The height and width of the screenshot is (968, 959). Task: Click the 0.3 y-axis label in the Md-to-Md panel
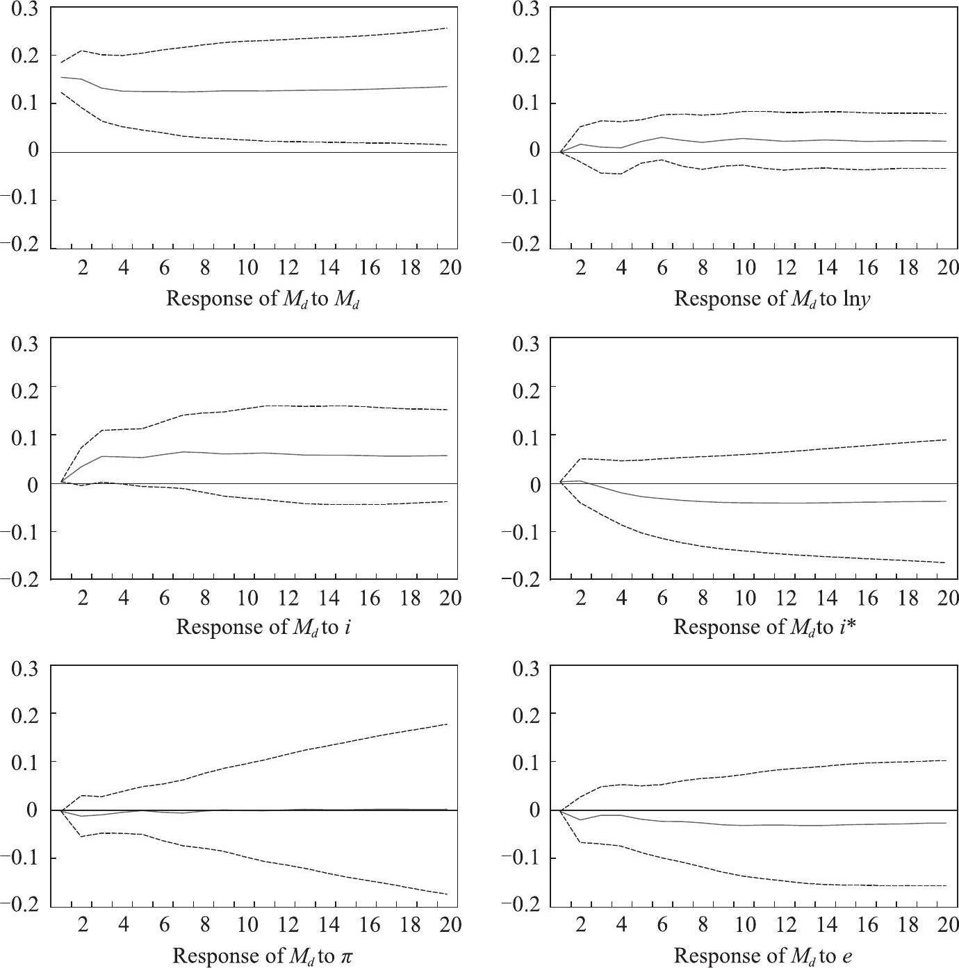(25, 9)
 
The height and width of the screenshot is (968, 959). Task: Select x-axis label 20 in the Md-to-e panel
(947, 926)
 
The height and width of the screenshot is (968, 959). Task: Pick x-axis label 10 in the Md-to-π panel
(247, 926)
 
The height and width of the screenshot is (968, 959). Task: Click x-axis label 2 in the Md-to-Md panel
(83, 268)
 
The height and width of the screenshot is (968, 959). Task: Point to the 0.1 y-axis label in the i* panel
(526, 435)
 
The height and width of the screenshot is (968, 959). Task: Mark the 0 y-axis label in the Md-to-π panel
(33, 810)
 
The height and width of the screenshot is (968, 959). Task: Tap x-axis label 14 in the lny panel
(826, 268)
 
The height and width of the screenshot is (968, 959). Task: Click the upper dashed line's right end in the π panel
(448, 724)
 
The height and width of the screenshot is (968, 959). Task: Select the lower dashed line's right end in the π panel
(448, 894)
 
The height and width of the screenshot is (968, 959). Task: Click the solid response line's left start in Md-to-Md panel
(62, 77)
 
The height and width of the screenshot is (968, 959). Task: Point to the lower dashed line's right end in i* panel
(946, 562)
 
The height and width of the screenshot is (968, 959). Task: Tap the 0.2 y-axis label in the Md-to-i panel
(25, 387)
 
